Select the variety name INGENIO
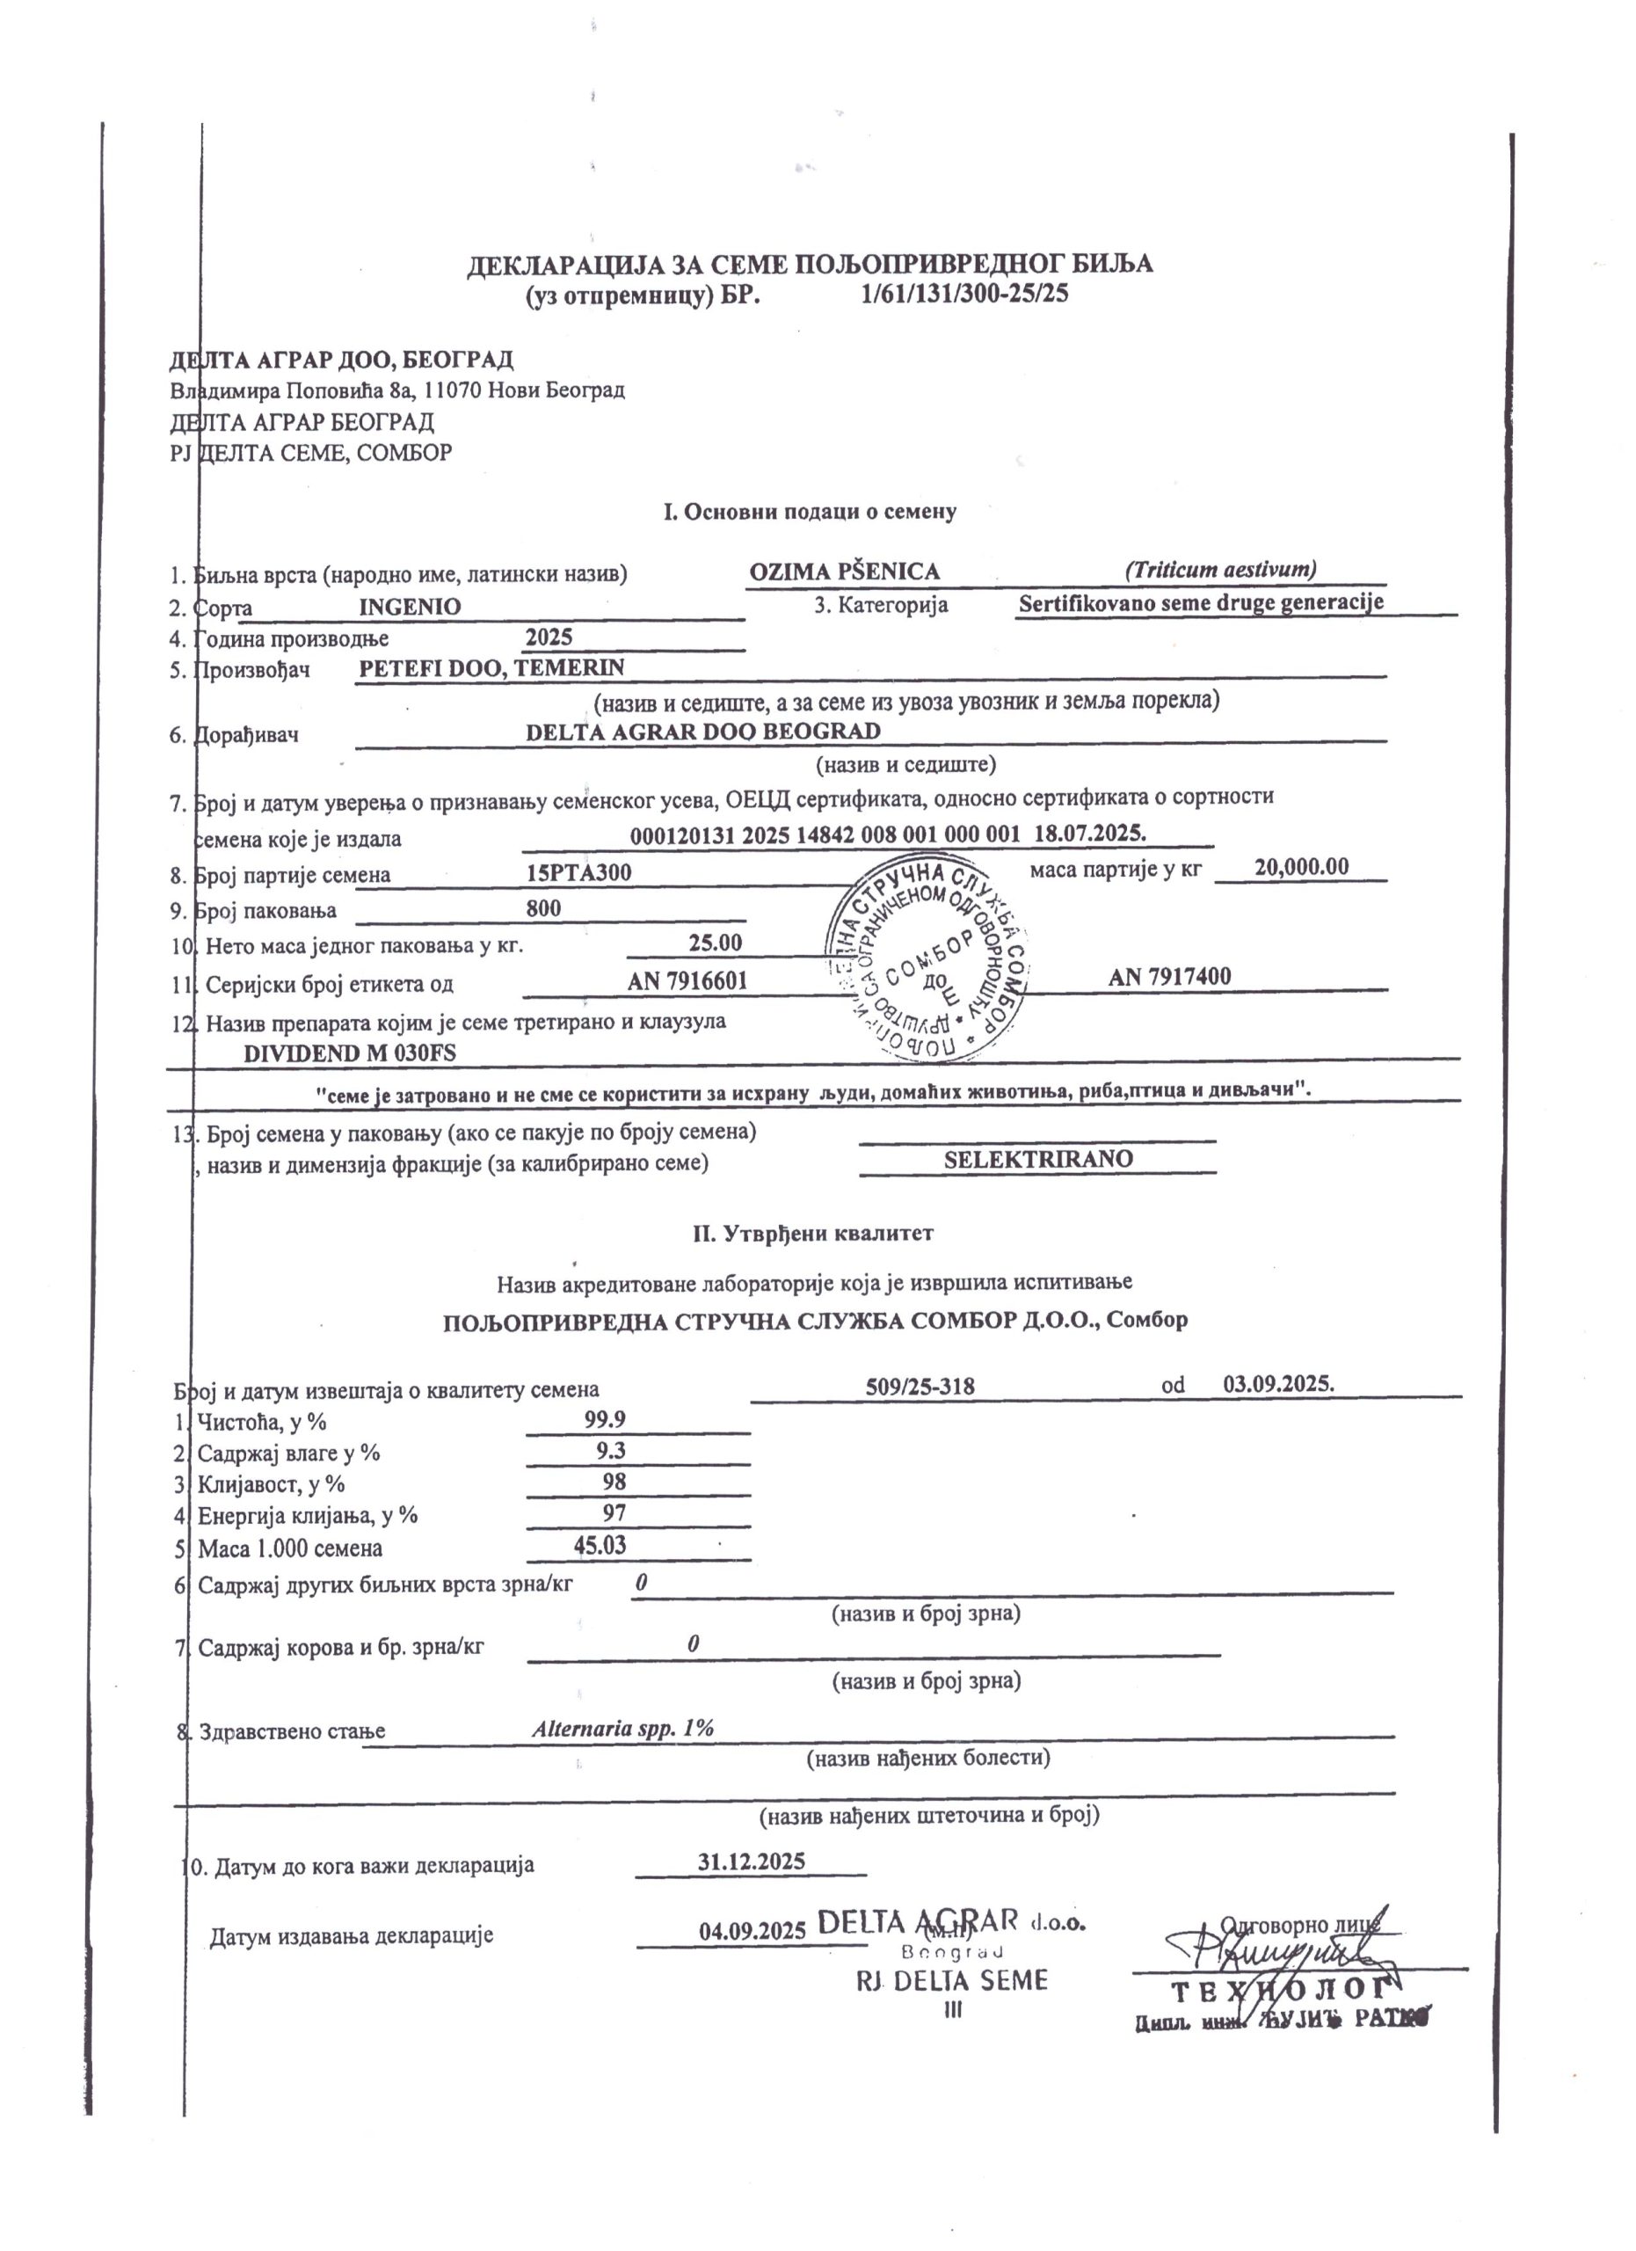pos(410,607)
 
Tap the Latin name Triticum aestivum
pos(1220,570)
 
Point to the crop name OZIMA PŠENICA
pos(844,572)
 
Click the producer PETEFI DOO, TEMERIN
pos(491,668)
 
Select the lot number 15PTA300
pos(579,873)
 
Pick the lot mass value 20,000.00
pos(1301,866)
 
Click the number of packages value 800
pos(543,908)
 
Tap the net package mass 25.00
pos(716,942)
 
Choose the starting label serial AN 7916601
pos(687,981)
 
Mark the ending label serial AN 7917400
pos(1170,977)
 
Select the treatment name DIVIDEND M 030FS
pos(350,1053)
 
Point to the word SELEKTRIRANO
pos(1037,1159)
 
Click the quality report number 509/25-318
pos(920,1387)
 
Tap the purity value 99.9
pos(605,1419)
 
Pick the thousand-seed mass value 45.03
pos(600,1545)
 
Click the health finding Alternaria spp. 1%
pos(623,1728)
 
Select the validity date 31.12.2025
pos(751,1861)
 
